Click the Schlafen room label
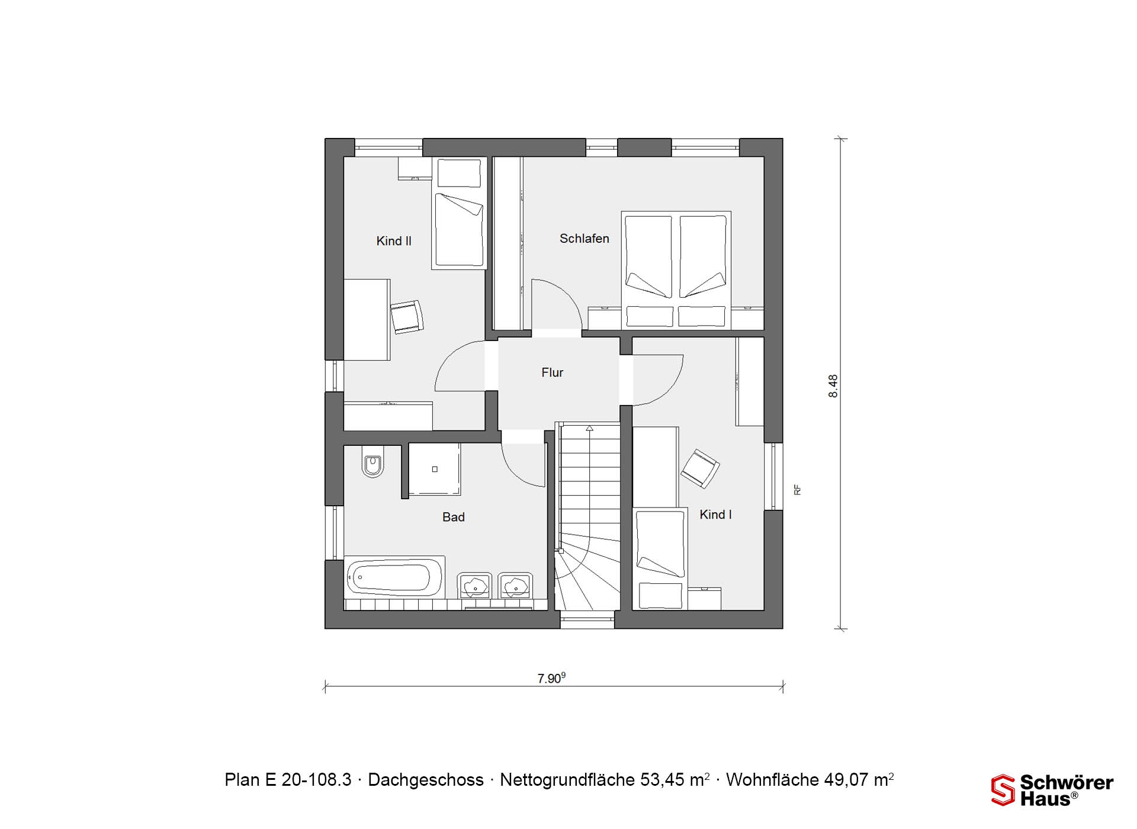(584, 239)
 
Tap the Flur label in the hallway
(552, 372)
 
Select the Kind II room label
(394, 241)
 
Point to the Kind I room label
(715, 515)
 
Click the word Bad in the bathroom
(454, 517)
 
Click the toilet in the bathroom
(372, 462)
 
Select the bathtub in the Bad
(394, 577)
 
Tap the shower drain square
(435, 469)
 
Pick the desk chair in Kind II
(407, 317)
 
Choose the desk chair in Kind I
(700, 468)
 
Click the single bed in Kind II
(459, 213)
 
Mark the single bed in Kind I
(660, 558)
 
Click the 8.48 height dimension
(833, 386)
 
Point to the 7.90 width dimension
(551, 678)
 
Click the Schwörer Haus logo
(1052, 790)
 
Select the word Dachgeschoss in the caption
(426, 780)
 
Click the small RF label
(798, 490)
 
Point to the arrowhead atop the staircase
(589, 428)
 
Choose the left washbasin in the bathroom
(475, 586)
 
